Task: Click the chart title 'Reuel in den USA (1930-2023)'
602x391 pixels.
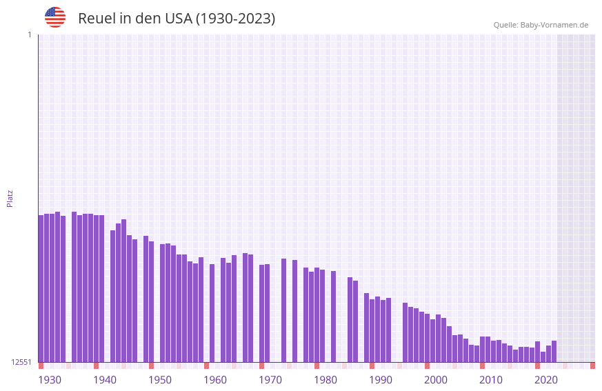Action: [177, 19]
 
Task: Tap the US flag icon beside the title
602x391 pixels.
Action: [55, 17]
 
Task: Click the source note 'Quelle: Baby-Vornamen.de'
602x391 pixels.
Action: [541, 25]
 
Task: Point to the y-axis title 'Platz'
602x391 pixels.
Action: [10, 198]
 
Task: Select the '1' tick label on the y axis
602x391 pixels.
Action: [29, 34]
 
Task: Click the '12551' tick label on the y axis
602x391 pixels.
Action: [21, 362]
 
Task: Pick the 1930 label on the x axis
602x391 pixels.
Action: [50, 380]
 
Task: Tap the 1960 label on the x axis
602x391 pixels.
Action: [215, 380]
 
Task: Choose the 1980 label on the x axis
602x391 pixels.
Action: [325, 380]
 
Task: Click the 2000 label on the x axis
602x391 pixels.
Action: [436, 380]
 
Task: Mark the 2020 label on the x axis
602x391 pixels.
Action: [546, 380]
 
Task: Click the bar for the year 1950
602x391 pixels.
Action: [163, 303]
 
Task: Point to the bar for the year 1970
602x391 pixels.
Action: [262, 313]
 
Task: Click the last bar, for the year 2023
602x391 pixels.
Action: [554, 351]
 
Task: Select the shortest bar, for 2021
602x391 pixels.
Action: [543, 357]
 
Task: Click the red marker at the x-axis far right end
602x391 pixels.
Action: [592, 365]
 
